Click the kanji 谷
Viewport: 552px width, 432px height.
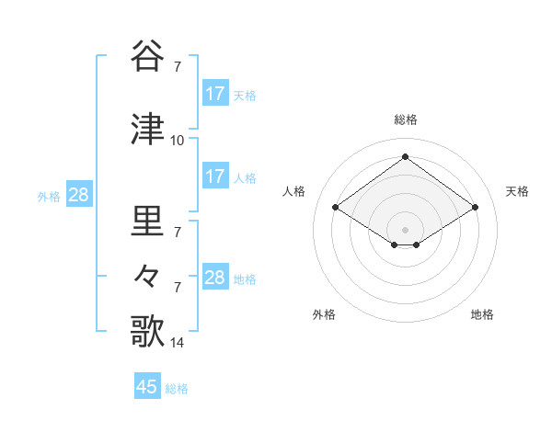pos(148,56)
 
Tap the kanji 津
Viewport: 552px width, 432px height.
pos(148,130)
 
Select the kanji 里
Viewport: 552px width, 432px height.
pos(148,222)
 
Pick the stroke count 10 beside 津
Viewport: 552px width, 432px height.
pos(177,141)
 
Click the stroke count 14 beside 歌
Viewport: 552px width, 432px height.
pos(177,343)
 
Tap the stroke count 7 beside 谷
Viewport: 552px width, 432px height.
pos(177,67)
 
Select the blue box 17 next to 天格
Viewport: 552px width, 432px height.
pos(214,94)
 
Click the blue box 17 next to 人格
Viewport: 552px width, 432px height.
pos(214,176)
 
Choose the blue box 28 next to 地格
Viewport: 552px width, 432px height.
pos(214,278)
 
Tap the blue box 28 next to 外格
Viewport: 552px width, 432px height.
pos(77,195)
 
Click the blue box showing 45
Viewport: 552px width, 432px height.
pos(147,387)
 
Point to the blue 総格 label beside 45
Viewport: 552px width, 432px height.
pos(177,389)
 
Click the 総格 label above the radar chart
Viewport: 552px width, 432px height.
pos(405,119)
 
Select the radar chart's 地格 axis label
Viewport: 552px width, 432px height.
pos(482,314)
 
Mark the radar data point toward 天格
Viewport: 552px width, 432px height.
pos(475,208)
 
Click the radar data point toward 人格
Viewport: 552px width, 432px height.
pos(336,208)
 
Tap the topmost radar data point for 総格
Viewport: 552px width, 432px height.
pos(405,157)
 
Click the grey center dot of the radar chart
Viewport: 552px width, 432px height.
pos(405,228)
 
